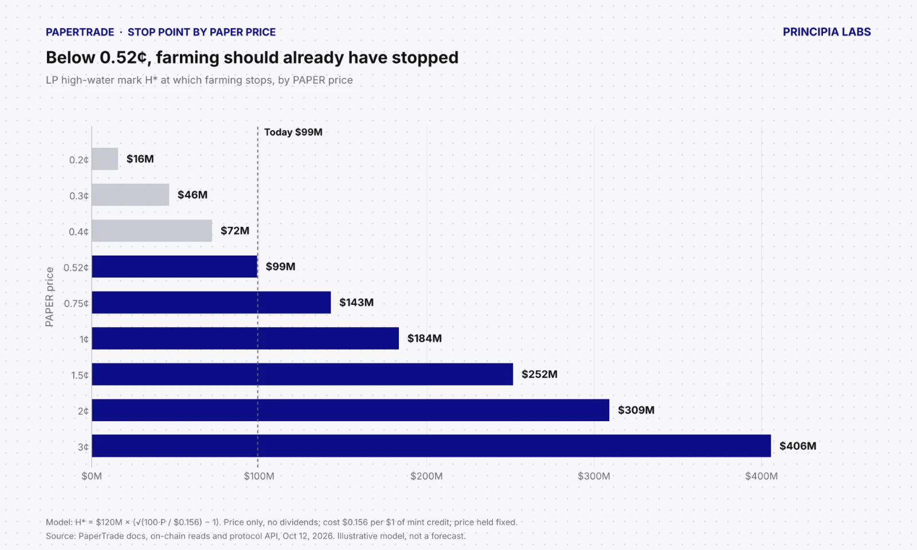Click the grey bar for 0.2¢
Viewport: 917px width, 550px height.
(105, 159)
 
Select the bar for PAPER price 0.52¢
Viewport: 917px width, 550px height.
(174, 266)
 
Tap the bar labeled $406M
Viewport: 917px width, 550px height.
(431, 446)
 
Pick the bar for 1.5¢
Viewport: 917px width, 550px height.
(302, 374)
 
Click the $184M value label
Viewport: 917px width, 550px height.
(425, 339)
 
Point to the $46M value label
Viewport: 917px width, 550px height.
(193, 195)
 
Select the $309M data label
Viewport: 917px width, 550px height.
(636, 410)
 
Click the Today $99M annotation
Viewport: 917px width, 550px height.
(293, 132)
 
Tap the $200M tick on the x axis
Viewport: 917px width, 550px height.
(426, 476)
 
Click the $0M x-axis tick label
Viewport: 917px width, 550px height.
(92, 476)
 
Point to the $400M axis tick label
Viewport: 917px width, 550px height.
(762, 476)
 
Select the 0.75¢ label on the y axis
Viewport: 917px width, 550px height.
(76, 304)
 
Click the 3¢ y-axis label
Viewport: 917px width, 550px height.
(83, 447)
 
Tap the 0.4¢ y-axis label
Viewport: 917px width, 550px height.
(79, 232)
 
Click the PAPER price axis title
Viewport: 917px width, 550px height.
(49, 297)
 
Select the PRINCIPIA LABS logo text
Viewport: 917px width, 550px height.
(826, 32)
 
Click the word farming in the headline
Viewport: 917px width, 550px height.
(186, 58)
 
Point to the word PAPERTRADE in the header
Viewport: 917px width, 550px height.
(80, 32)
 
